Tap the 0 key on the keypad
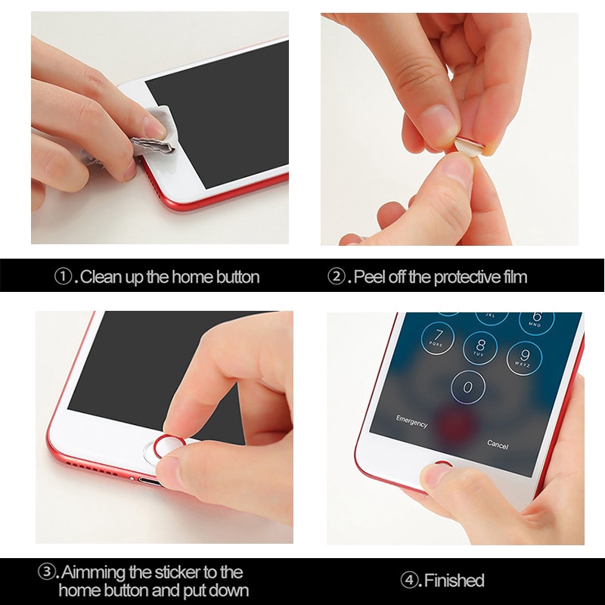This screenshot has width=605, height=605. (x=468, y=388)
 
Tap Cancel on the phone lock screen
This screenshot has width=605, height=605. (x=498, y=444)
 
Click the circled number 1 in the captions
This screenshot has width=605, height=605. (x=64, y=277)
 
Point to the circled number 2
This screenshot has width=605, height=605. (x=337, y=277)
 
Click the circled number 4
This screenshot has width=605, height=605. (x=409, y=581)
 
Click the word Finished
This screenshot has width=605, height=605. (x=454, y=581)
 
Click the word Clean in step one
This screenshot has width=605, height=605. (x=99, y=277)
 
